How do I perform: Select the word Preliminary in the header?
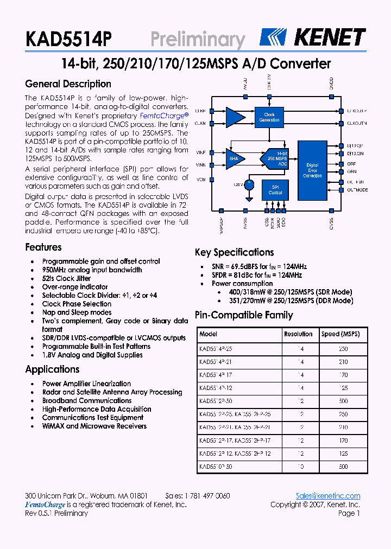point(198,40)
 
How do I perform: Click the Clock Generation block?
point(269,117)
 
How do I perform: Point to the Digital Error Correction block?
point(312,170)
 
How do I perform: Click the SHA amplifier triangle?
point(235,158)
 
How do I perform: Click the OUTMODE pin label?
point(357,190)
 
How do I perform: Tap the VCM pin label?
point(200,179)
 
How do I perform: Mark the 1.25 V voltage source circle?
point(249,184)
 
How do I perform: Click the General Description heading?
point(68,84)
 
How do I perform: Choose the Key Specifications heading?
point(234,252)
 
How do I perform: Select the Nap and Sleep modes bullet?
point(77,312)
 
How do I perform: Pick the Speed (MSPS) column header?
point(340,334)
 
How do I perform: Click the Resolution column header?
point(298,334)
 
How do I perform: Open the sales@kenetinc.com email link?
point(327,496)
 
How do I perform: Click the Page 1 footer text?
point(349,513)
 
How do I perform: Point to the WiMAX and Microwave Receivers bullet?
point(94,426)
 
